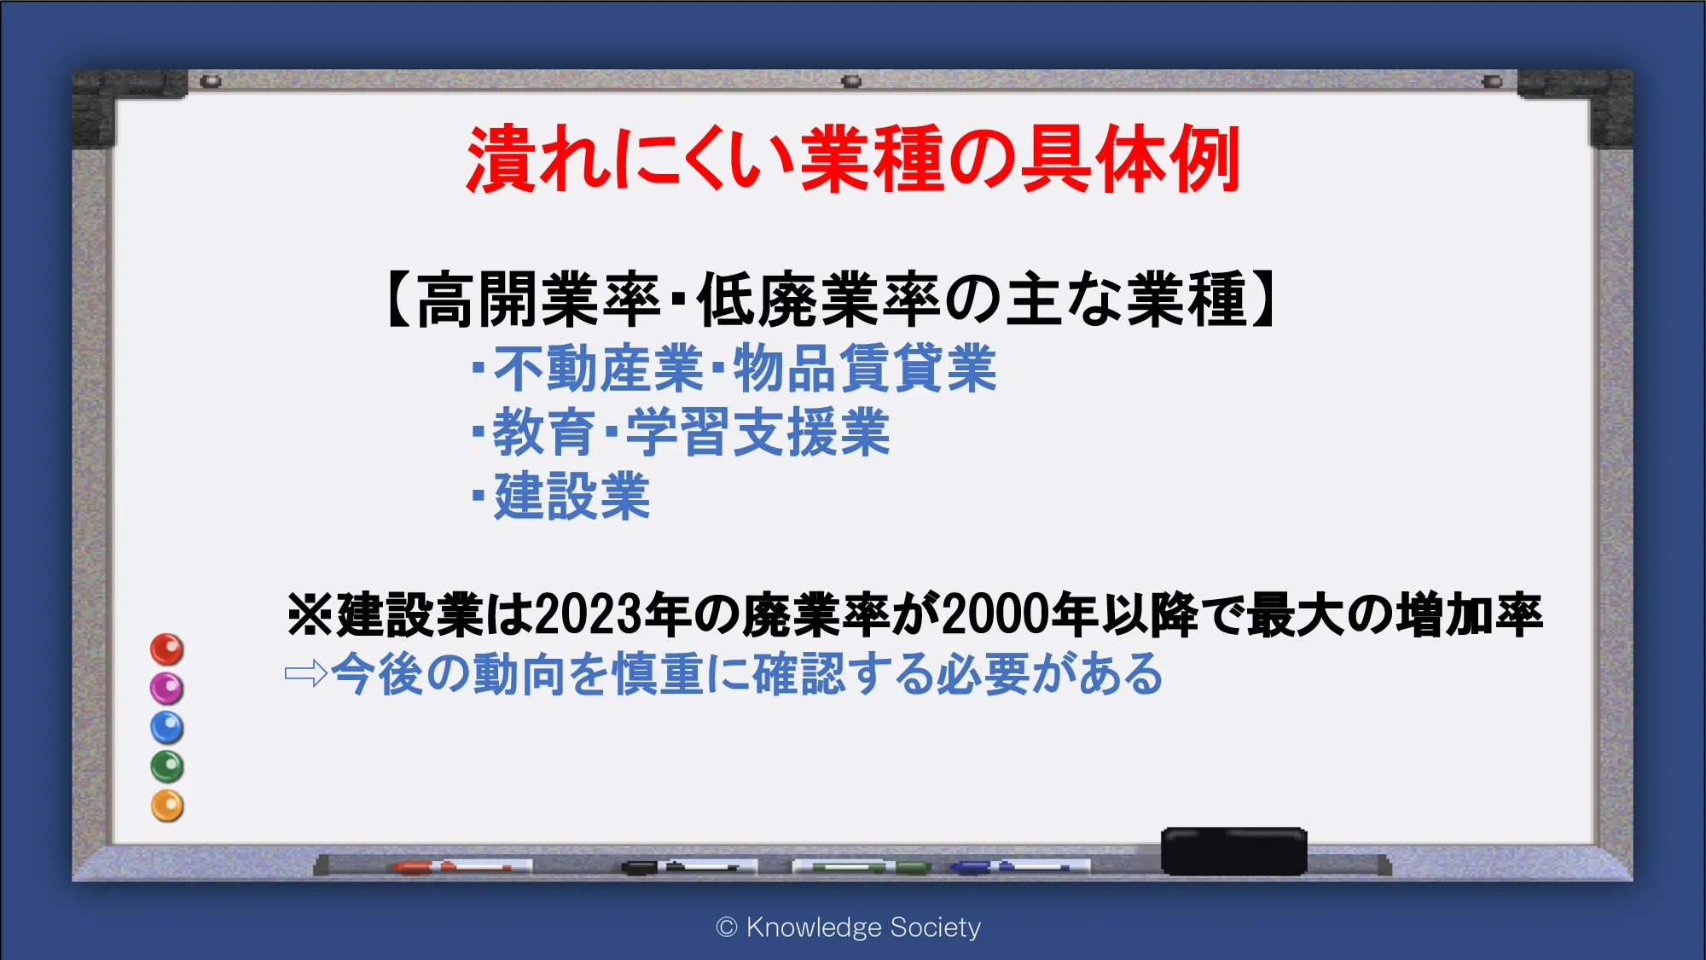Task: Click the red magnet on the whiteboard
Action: pyautogui.click(x=167, y=649)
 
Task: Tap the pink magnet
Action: pyautogui.click(x=167, y=688)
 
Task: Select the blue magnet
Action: pyautogui.click(x=167, y=727)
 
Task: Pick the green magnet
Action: pyautogui.click(x=167, y=766)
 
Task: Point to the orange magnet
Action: pyautogui.click(x=167, y=806)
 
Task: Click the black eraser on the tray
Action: pyautogui.click(x=1233, y=851)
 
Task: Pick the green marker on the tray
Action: pyautogui.click(x=862, y=867)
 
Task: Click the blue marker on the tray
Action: pyautogui.click(x=1019, y=867)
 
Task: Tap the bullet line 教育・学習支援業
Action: pyautogui.click(x=682, y=432)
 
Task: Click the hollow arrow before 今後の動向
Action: pyautogui.click(x=306, y=673)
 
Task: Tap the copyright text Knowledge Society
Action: pyautogui.click(x=863, y=927)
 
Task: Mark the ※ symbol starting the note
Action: pyautogui.click(x=310, y=614)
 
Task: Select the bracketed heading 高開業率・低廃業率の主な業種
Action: pyautogui.click(x=832, y=300)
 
